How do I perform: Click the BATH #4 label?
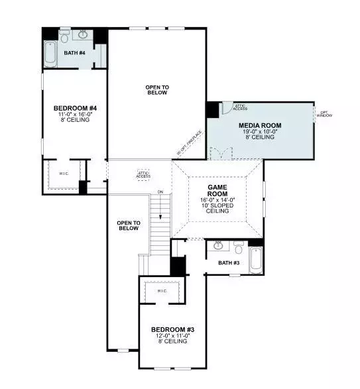point(74,52)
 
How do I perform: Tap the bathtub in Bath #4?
point(51,53)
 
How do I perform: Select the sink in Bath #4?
point(84,34)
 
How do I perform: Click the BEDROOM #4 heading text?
point(75,108)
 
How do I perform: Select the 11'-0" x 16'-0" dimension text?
point(75,115)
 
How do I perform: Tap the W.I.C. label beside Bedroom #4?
point(64,174)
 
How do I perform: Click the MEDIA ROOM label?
point(261,125)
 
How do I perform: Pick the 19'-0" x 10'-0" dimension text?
point(261,132)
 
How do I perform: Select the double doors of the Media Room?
point(221,154)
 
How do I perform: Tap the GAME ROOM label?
point(217,191)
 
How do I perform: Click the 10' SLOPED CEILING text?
point(217,209)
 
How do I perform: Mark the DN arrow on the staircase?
point(160,215)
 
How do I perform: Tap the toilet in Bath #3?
point(237,248)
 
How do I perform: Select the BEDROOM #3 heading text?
point(172,329)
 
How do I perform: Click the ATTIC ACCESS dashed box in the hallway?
point(143,174)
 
